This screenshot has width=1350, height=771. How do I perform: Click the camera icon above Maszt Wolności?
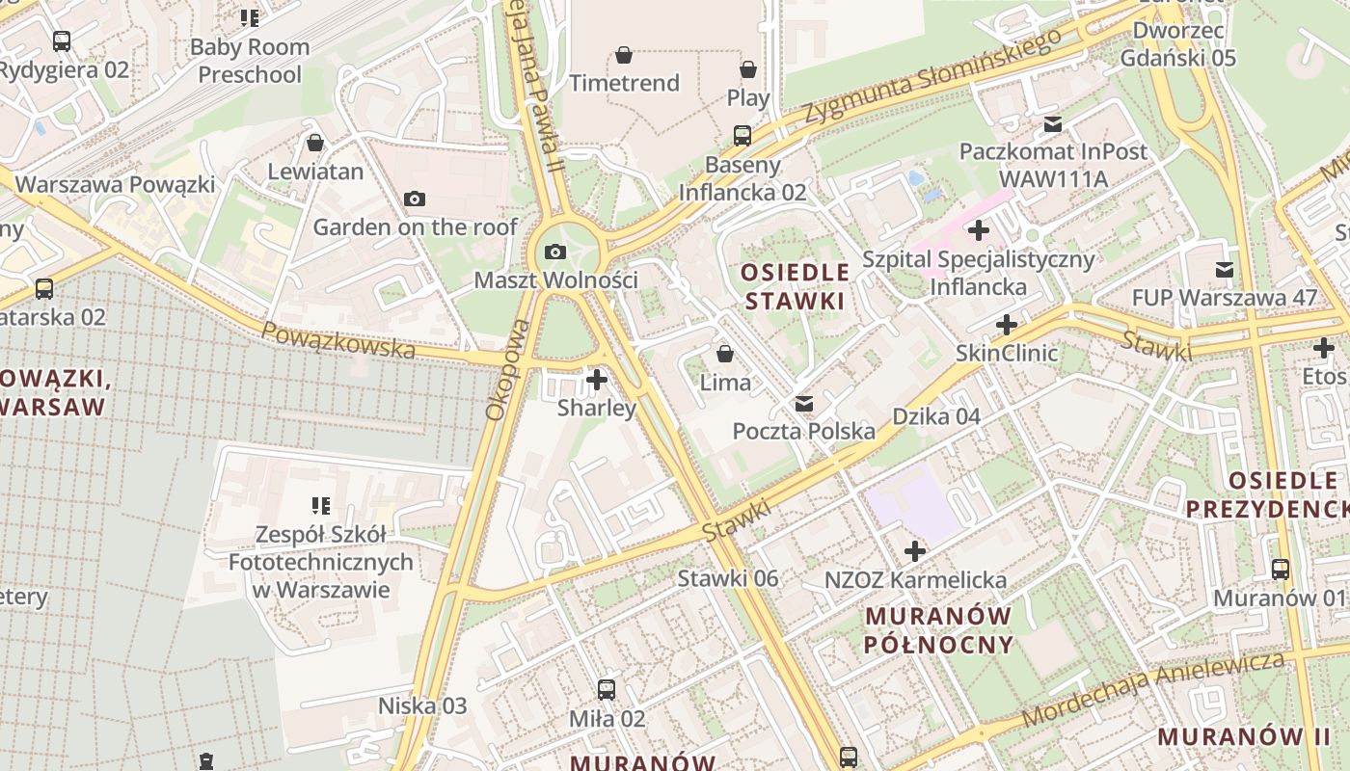click(555, 253)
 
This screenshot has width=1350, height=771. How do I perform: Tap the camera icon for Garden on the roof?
click(415, 199)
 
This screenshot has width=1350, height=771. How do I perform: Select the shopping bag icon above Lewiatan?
click(314, 144)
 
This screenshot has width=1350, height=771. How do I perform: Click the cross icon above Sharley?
click(597, 380)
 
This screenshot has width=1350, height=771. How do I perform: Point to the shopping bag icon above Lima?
click(725, 355)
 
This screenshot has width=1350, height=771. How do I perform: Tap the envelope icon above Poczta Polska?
click(803, 404)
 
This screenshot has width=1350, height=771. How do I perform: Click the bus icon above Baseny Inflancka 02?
click(742, 136)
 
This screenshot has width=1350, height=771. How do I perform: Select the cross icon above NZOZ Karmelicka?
click(915, 552)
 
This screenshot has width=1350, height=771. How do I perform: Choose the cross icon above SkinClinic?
click(1007, 325)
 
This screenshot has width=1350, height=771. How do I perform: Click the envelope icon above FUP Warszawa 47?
click(1224, 270)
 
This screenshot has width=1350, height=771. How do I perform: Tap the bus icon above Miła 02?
click(606, 690)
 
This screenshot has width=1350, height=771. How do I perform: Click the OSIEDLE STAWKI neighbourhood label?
click(796, 286)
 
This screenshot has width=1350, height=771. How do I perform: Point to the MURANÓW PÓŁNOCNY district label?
click(938, 630)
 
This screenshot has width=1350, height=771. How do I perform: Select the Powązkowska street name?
click(337, 341)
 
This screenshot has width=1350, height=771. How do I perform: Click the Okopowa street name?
click(507, 370)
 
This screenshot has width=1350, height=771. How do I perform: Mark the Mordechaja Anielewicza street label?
click(1153, 688)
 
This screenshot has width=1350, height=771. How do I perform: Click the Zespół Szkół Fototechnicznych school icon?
click(320, 506)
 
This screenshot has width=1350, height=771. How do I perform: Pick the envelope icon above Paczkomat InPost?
click(1052, 124)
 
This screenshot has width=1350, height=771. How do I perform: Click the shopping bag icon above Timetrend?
click(624, 55)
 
